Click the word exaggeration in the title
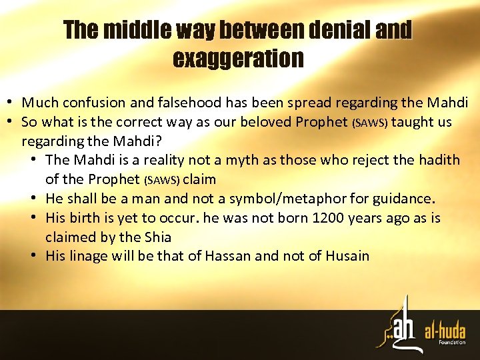coord(238,59)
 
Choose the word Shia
coord(155,237)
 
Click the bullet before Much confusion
coord(11,103)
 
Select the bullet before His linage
coord(35,256)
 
